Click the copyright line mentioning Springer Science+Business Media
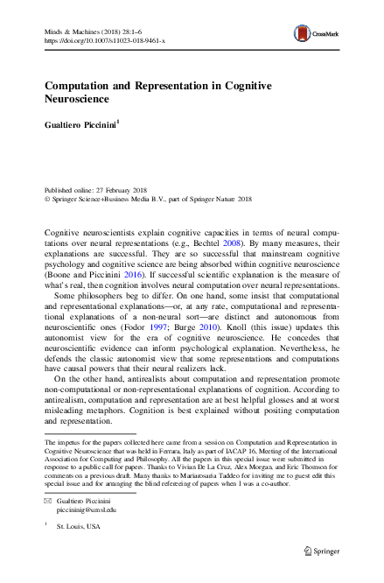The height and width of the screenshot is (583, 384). [x=131, y=199]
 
